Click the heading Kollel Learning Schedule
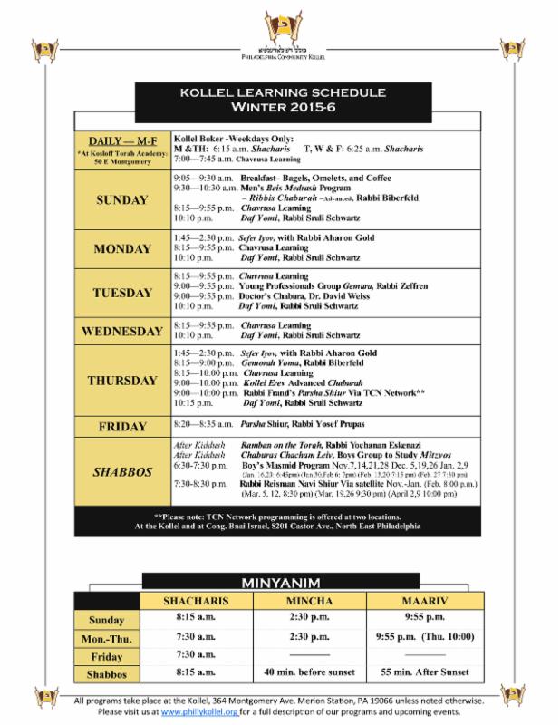point(280,92)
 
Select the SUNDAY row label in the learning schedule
point(121,200)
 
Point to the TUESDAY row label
point(121,293)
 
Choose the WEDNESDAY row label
point(121,331)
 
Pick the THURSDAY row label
point(121,380)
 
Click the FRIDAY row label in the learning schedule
point(121,424)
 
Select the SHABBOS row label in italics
point(121,471)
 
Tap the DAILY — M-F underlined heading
point(121,142)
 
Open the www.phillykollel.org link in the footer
point(198,712)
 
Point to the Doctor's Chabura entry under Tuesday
point(272,294)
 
